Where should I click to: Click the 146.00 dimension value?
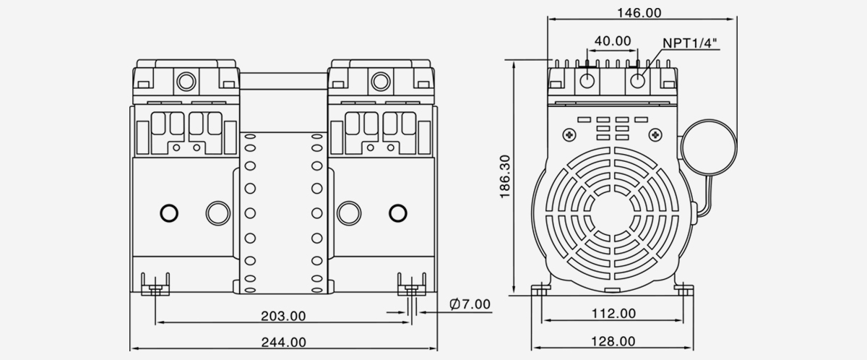pyautogui.click(x=639, y=12)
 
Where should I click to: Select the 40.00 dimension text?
pyautogui.click(x=613, y=40)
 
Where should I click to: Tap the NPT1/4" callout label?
pyautogui.click(x=690, y=44)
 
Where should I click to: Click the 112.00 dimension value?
pyautogui.click(x=613, y=313)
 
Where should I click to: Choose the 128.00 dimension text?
pyautogui.click(x=613, y=341)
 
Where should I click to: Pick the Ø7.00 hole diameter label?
pyautogui.click(x=469, y=304)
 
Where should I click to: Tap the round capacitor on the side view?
pyautogui.click(x=712, y=147)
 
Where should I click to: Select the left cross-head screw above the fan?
pyautogui.click(x=571, y=134)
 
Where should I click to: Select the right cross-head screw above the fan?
pyautogui.click(x=655, y=134)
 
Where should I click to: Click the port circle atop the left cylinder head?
pyautogui.click(x=186, y=80)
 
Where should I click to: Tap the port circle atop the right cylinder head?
pyautogui.click(x=379, y=80)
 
